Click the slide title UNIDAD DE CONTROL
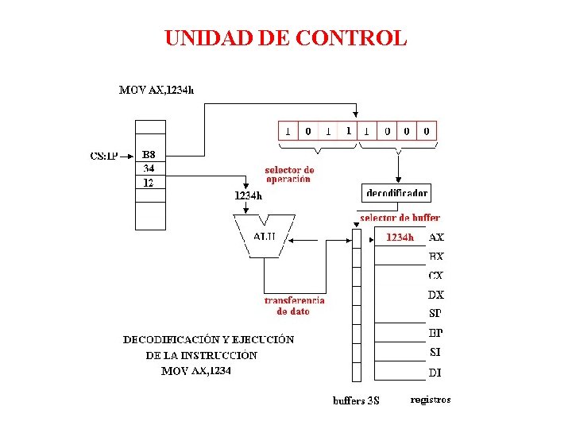click(x=285, y=37)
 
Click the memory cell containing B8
click(x=149, y=154)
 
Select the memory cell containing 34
click(x=149, y=168)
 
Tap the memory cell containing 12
click(x=149, y=183)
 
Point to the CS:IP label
click(x=104, y=156)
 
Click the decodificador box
click(x=397, y=193)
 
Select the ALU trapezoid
click(x=265, y=236)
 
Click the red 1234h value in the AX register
click(x=400, y=237)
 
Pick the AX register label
click(x=437, y=237)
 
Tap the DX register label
click(x=436, y=295)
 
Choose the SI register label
click(x=435, y=353)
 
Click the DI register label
click(x=435, y=372)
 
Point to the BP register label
click(x=435, y=333)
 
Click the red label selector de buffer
click(x=400, y=218)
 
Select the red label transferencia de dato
click(x=294, y=306)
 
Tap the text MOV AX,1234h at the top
click(x=157, y=90)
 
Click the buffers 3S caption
click(x=356, y=400)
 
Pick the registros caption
click(x=431, y=400)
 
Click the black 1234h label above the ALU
click(x=249, y=195)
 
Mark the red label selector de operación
click(x=289, y=175)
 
